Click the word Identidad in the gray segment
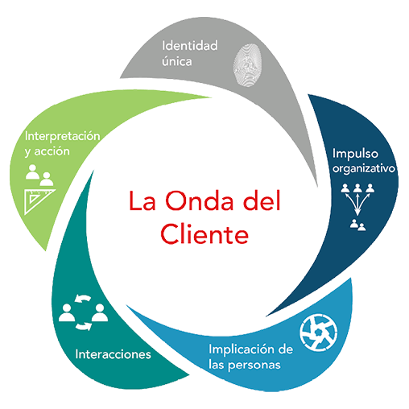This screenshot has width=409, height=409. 190,46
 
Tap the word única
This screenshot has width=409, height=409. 177,61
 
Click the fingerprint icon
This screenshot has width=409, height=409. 247,65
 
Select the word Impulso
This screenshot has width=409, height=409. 355,155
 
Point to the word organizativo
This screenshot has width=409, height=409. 364,169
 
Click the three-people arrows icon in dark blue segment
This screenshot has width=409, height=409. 357,207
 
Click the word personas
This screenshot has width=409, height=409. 254,366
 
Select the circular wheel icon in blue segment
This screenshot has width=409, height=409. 319,333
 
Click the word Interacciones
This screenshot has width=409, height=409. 113,354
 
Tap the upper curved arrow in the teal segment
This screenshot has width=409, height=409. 83,298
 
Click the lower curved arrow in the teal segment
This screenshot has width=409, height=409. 84,326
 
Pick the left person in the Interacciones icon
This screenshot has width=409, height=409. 67,312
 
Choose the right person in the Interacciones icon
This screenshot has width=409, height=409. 100,312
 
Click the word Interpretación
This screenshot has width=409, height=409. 62,136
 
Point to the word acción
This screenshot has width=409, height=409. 52,151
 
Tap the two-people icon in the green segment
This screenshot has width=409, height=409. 39,176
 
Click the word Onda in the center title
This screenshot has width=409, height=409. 199,200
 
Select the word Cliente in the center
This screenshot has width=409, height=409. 204,233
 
